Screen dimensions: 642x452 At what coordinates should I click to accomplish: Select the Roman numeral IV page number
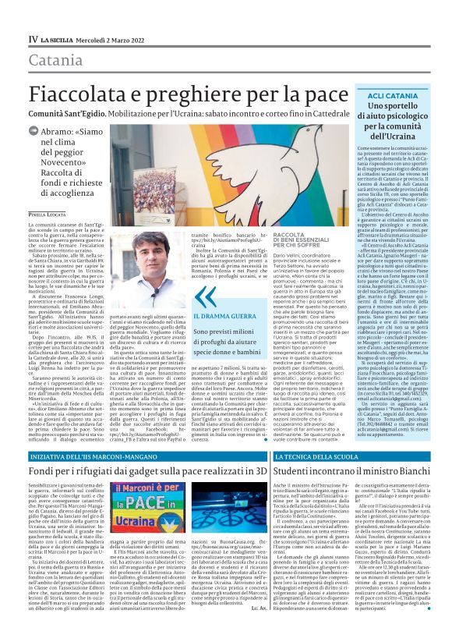pos(33,37)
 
